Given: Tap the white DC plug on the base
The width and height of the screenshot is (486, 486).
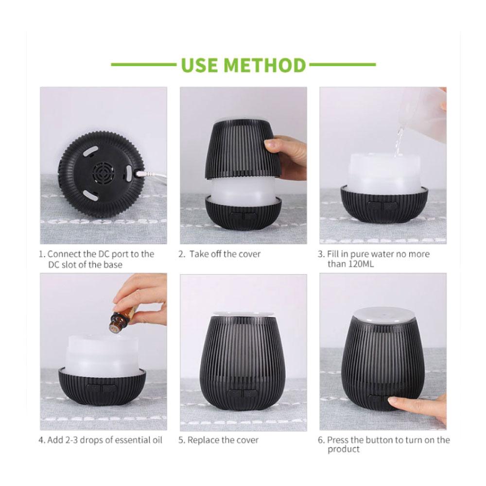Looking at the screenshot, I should (x=140, y=173).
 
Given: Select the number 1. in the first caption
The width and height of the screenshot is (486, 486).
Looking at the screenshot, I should (x=42, y=254).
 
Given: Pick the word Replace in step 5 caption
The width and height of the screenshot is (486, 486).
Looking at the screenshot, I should (x=204, y=440).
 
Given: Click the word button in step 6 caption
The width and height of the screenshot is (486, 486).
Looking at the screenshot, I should (x=383, y=440).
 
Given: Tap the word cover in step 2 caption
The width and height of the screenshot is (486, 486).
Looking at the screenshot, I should (x=249, y=254).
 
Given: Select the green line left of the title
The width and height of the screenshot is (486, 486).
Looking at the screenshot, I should (x=143, y=64).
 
